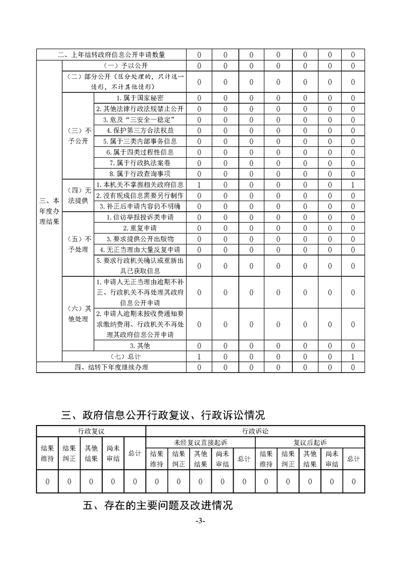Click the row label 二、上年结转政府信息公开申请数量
[111, 55]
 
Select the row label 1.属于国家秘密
[140, 98]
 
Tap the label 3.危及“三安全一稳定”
[140, 120]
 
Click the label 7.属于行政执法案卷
[140, 163]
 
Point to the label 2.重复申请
[140, 228]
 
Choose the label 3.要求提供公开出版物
[140, 239]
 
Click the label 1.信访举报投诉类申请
[140, 217]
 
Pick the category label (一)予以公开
[124, 66]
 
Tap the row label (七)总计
[124, 357]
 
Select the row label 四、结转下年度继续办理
[111, 367]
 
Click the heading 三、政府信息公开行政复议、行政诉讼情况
[163, 415]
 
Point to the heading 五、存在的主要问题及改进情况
[157, 505]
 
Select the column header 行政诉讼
[255, 431]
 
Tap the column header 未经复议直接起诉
[200, 442]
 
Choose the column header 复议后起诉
[310, 442]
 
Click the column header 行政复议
[91, 431]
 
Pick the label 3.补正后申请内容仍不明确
[140, 206]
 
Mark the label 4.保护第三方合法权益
[140, 130]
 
